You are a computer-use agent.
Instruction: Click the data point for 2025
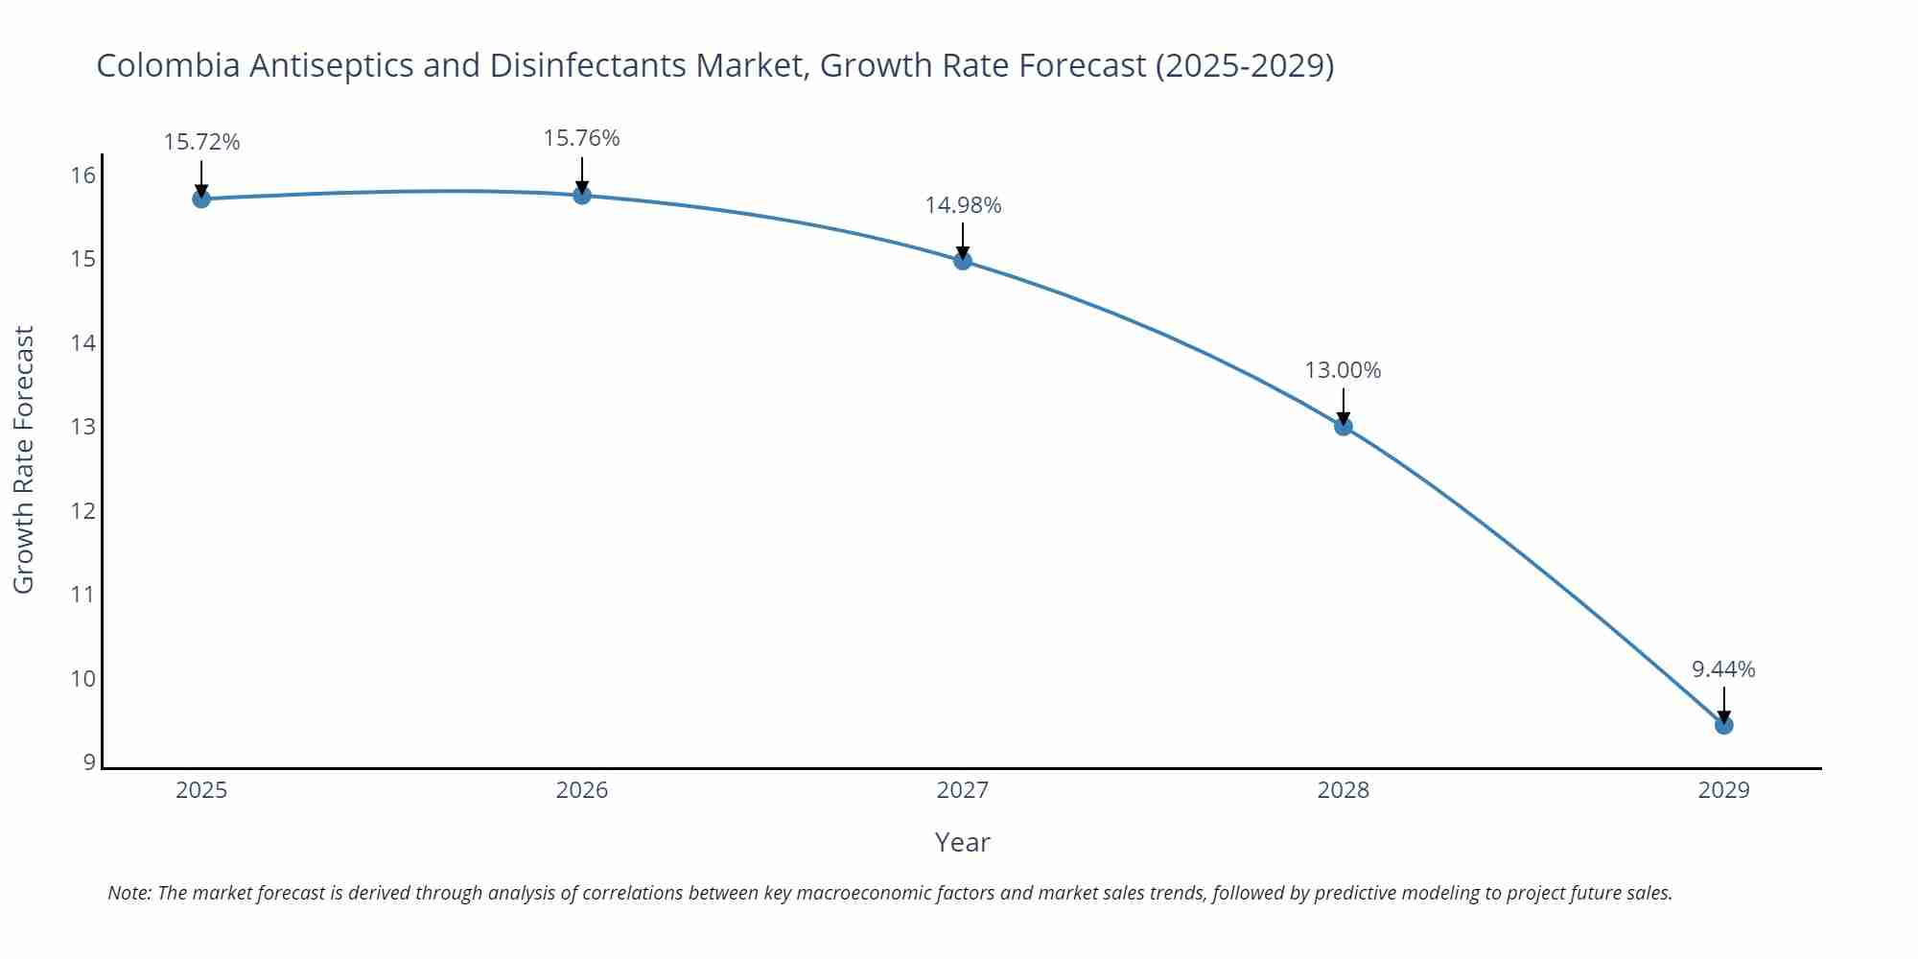pyautogui.click(x=201, y=199)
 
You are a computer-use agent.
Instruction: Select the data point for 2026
pyautogui.click(x=582, y=196)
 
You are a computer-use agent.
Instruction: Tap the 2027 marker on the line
pyautogui.click(x=963, y=260)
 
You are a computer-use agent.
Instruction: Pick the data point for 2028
pyautogui.click(x=1344, y=426)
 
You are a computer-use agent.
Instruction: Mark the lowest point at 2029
pyautogui.click(x=1724, y=725)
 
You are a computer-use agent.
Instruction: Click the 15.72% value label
pyautogui.click(x=201, y=142)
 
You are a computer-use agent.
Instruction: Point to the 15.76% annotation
pyautogui.click(x=582, y=138)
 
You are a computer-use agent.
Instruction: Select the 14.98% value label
pyautogui.click(x=963, y=205)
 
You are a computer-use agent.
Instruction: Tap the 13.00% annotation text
pyautogui.click(x=1343, y=370)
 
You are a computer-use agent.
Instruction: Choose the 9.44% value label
pyautogui.click(x=1723, y=669)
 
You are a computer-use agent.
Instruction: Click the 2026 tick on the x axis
pyautogui.click(x=582, y=790)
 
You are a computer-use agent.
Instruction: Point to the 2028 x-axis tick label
pyautogui.click(x=1344, y=790)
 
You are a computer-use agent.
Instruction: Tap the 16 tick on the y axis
pyautogui.click(x=83, y=175)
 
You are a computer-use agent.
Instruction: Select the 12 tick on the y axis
pyautogui.click(x=83, y=510)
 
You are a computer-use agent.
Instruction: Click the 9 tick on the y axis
pyautogui.click(x=89, y=762)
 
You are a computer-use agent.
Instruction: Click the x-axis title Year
pyautogui.click(x=962, y=842)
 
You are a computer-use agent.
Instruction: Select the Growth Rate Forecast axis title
pyautogui.click(x=24, y=459)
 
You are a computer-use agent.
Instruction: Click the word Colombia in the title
pyautogui.click(x=168, y=65)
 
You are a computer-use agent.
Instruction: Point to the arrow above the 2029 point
pyautogui.click(x=1724, y=704)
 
